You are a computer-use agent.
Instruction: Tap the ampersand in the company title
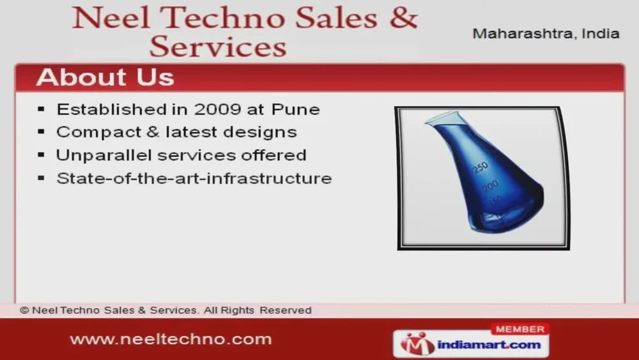tap(403, 18)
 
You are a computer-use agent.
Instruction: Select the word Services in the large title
tap(218, 46)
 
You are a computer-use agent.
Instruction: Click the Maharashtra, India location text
tap(546, 33)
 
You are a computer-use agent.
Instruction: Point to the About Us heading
tap(105, 77)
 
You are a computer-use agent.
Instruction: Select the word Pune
tap(295, 109)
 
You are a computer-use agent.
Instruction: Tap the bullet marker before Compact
tap(41, 132)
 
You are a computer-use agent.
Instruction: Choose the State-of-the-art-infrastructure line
tap(194, 178)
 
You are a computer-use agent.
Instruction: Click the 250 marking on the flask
tap(481, 167)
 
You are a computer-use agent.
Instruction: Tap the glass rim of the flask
tap(444, 118)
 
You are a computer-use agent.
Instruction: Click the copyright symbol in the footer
tap(24, 310)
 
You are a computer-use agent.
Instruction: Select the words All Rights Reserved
tap(258, 310)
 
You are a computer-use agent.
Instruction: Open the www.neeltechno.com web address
tap(171, 339)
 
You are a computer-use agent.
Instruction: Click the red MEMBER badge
tap(520, 329)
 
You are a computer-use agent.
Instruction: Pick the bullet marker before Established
tap(41, 109)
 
